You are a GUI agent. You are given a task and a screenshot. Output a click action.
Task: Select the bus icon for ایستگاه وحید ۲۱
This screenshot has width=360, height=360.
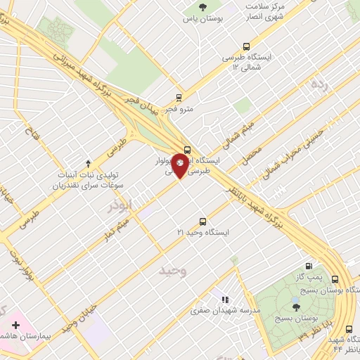pyautogui.click(x=203, y=221)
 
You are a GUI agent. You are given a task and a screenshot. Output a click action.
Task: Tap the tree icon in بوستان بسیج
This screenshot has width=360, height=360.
pyautogui.click(x=296, y=306)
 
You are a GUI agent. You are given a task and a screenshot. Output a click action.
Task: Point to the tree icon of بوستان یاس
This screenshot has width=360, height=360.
pyautogui.click(x=202, y=8)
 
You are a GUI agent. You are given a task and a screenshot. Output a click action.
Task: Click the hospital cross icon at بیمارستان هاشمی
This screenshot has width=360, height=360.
pyautogui.click(x=16, y=326)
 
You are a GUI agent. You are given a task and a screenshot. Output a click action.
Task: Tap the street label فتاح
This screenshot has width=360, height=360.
pyautogui.click(x=33, y=131)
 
